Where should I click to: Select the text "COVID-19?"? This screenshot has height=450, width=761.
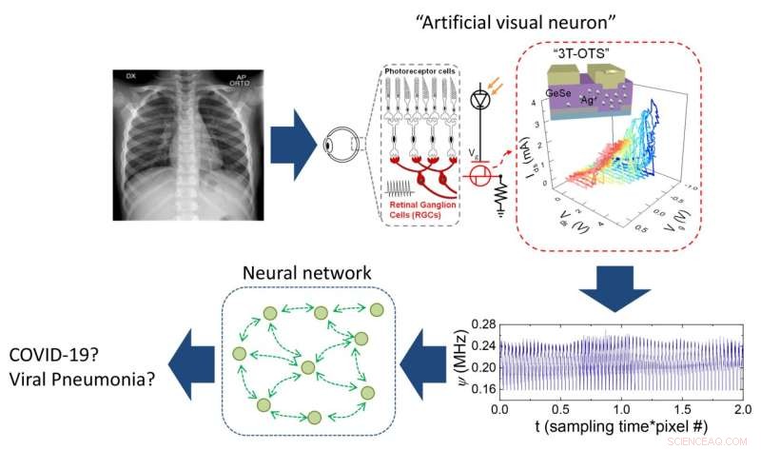pos(53,356)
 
